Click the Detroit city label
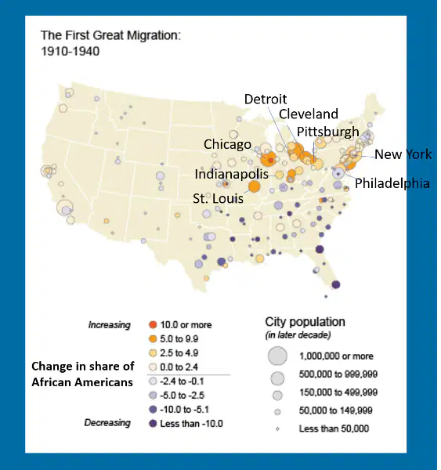tap(266, 99)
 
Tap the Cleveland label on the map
tap(309, 114)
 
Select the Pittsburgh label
tap(328, 132)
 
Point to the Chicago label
tap(227, 144)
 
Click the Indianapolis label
tap(231, 174)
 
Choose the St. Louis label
tap(218, 198)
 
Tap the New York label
tap(403, 154)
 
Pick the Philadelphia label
tap(392, 183)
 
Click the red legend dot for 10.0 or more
tap(153, 324)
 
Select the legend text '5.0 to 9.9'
tap(179, 338)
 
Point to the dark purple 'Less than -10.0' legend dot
tap(153, 424)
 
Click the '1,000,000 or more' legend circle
tap(277, 356)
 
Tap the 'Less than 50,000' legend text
tap(334, 428)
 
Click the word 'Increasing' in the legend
tap(110, 325)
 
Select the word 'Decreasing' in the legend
tap(107, 423)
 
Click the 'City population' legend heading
tap(305, 322)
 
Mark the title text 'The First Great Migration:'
tap(111, 35)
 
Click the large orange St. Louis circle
tap(254, 186)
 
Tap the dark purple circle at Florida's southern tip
tap(336, 284)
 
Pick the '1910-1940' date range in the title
tap(70, 51)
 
